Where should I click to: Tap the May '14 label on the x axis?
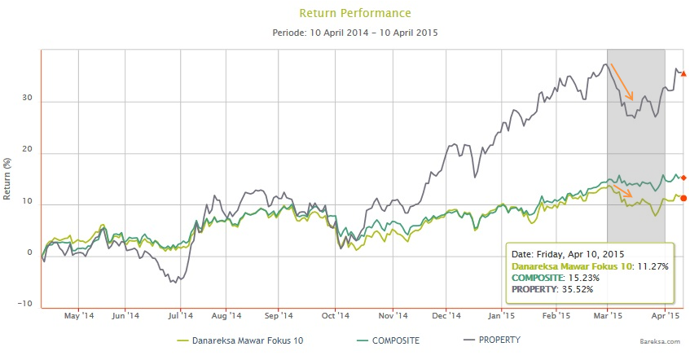79,316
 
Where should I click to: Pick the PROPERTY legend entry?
498,340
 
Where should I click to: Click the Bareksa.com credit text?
664,347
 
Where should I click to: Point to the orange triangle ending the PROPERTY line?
683,74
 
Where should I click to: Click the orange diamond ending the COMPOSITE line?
683,178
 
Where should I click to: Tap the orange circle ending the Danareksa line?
683,198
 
